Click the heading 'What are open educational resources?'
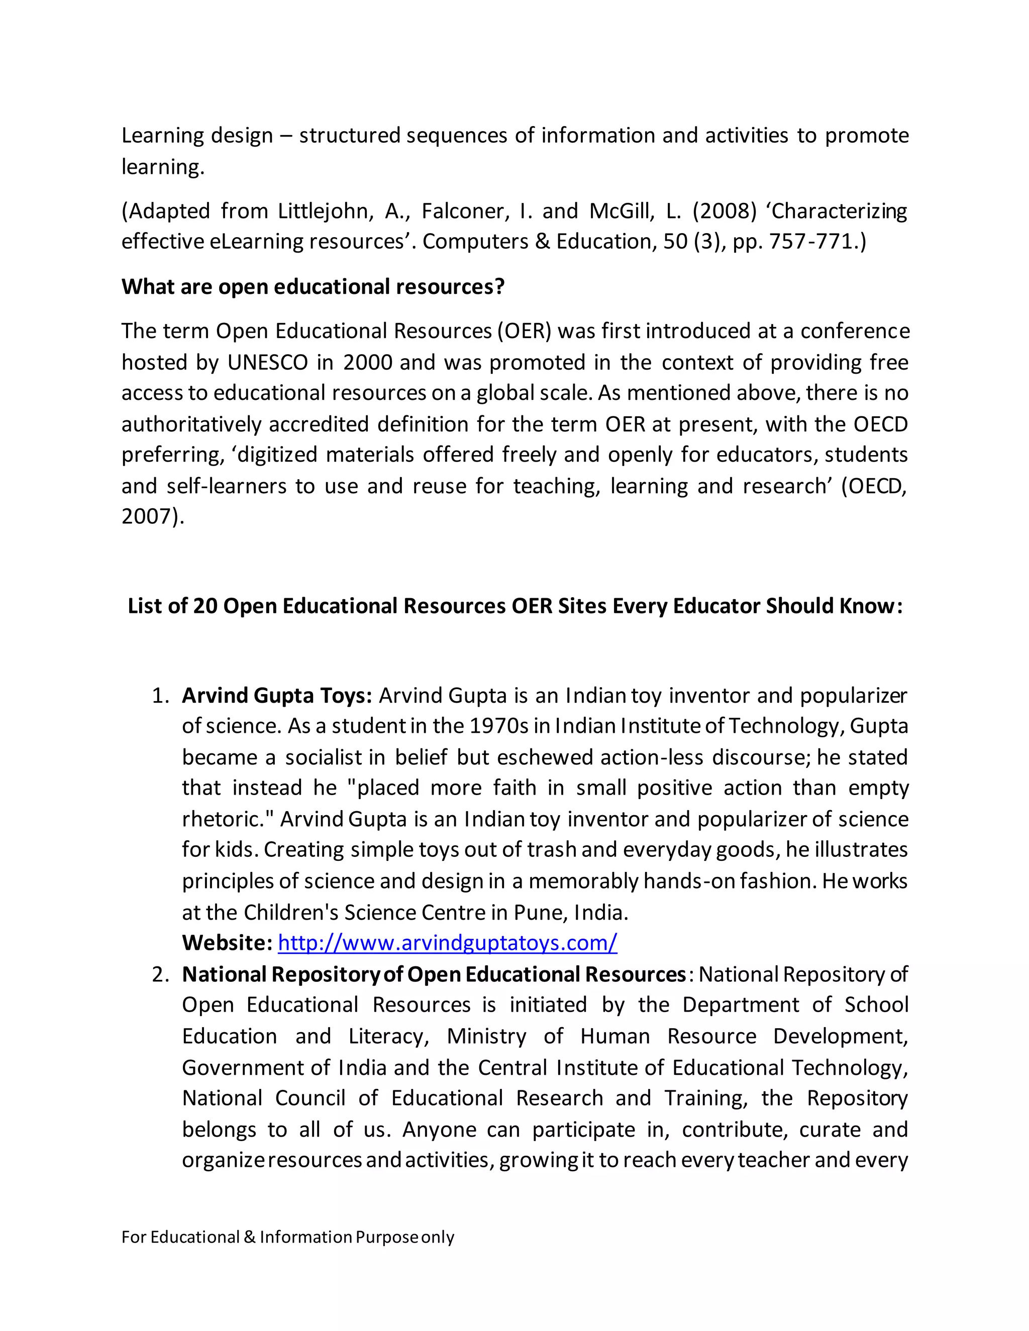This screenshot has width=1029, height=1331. tap(313, 286)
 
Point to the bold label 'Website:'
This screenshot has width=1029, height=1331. tap(227, 943)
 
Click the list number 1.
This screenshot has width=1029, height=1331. tap(160, 695)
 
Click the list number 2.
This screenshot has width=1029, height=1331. tap(160, 974)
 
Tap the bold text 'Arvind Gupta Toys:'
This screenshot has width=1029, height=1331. tap(277, 695)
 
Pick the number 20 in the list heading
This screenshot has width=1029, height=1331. tap(205, 606)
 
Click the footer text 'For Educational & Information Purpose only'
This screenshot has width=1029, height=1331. tap(288, 1237)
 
